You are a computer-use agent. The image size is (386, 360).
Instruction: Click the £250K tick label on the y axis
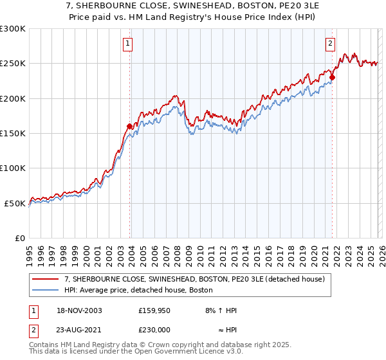click(x=13, y=64)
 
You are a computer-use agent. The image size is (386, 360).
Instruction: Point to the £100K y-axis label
click(x=13, y=168)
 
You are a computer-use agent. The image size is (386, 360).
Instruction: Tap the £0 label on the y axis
click(x=20, y=238)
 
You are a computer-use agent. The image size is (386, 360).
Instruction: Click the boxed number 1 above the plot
click(x=128, y=44)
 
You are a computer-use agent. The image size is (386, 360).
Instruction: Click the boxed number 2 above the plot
click(x=330, y=44)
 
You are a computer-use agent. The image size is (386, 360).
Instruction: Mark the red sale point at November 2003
click(x=130, y=126)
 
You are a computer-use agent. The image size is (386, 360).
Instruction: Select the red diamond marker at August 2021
click(x=332, y=77)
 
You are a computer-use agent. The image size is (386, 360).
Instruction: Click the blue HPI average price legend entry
click(x=155, y=291)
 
